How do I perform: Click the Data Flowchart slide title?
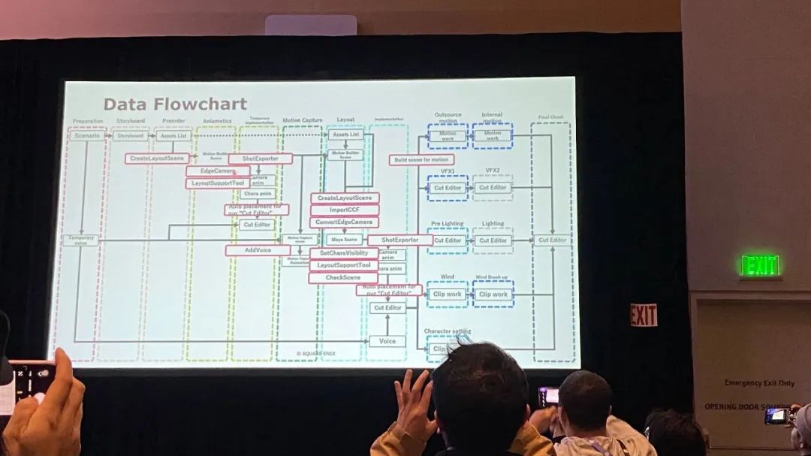click(175, 104)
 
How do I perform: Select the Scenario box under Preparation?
click(87, 136)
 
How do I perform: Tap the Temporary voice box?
click(80, 240)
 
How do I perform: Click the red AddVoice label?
click(258, 250)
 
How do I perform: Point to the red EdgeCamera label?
click(218, 171)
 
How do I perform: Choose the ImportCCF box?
click(344, 210)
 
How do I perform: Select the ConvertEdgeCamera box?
click(344, 222)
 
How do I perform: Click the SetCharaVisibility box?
click(344, 253)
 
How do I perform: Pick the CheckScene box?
click(344, 278)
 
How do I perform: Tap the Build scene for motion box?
click(421, 160)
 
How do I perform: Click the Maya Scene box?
click(344, 240)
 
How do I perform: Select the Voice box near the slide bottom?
click(387, 341)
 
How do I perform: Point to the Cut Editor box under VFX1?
click(448, 188)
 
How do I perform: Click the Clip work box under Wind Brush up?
click(493, 294)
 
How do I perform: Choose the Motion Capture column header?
click(302, 120)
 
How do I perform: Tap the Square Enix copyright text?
click(313, 353)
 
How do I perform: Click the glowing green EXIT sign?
click(760, 265)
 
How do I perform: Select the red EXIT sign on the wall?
click(644, 316)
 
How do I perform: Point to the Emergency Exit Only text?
click(759, 383)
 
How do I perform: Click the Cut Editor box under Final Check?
click(552, 240)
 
